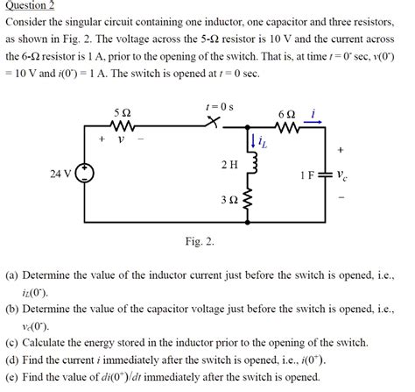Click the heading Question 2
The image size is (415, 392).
click(x=30, y=5)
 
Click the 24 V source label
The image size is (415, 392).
click(x=60, y=175)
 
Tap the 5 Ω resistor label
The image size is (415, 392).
click(x=123, y=113)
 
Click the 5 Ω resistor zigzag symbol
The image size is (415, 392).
click(x=124, y=127)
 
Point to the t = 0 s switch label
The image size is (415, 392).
click(x=215, y=106)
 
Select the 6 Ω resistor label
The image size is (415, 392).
click(x=288, y=113)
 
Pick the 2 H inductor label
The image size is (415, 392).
click(x=229, y=164)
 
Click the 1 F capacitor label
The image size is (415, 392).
click(x=307, y=175)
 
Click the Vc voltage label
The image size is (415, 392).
click(x=343, y=175)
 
